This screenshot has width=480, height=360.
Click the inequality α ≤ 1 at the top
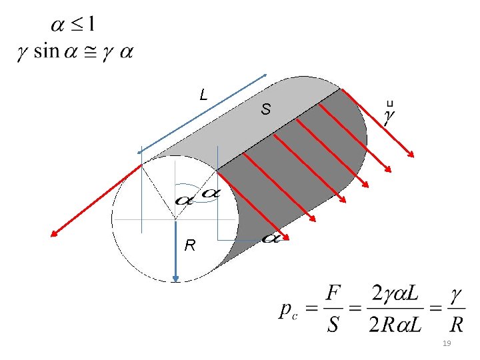(73, 25)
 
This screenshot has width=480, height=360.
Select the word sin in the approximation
(46, 51)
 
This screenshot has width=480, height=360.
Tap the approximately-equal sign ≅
(90, 52)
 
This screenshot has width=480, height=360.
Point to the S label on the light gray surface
(266, 109)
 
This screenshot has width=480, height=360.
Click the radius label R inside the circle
(190, 245)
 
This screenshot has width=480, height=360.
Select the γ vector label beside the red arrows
(389, 114)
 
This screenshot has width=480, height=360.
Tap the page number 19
(447, 343)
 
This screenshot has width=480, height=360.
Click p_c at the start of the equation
(289, 311)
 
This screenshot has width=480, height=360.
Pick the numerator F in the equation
(333, 293)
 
